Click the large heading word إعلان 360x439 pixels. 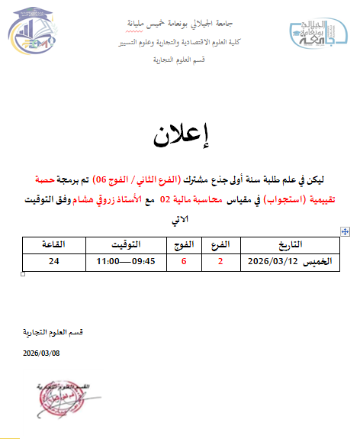click(x=181, y=137)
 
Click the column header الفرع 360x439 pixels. click(x=220, y=244)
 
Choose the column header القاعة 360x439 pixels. click(x=53, y=244)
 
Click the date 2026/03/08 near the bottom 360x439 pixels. click(x=41, y=353)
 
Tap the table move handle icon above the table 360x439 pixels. click(x=346, y=231)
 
